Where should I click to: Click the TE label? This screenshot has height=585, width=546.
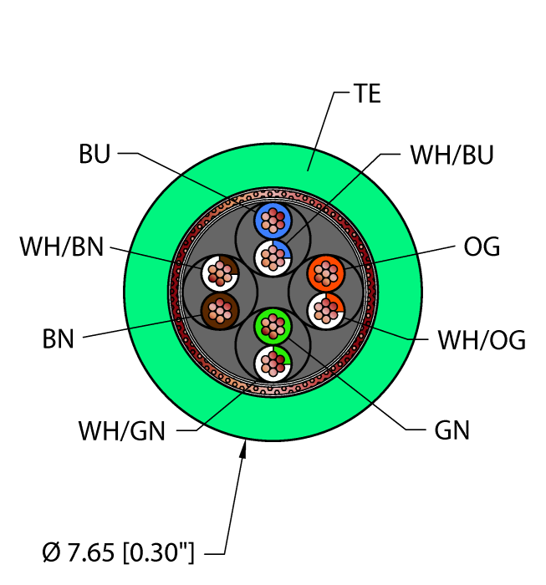tap(367, 94)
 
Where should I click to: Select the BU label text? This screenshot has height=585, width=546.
tap(94, 155)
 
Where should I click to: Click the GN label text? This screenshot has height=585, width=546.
tap(452, 430)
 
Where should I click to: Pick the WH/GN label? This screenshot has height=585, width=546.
tap(122, 431)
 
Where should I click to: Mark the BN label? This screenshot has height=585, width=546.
tap(59, 339)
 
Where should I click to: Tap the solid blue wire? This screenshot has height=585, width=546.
tap(272, 221)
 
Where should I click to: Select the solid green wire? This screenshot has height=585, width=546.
tap(272, 323)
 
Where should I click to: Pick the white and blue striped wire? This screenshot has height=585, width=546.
tap(272, 254)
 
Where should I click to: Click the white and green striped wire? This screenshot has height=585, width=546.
tap(272, 361)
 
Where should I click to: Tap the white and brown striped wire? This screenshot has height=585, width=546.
tap(220, 272)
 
